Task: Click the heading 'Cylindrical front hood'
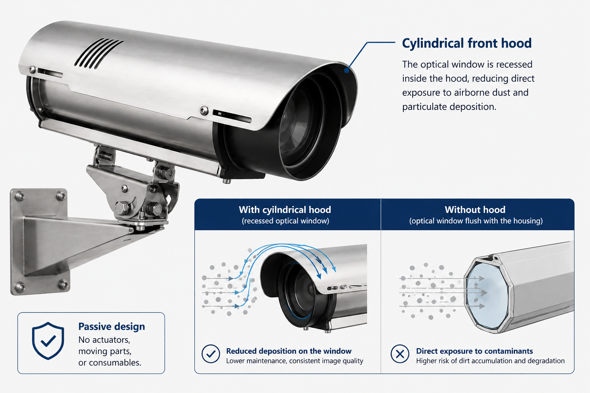467,43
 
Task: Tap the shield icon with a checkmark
48,341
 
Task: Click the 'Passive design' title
112,327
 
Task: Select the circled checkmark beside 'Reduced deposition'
211,354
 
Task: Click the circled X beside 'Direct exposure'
400,354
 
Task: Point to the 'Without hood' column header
475,210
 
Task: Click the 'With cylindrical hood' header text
285,210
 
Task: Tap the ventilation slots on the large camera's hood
98,53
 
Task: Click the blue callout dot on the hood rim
346,70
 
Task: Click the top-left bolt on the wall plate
20,196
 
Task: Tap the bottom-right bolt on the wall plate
63,284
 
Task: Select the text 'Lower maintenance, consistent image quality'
295,361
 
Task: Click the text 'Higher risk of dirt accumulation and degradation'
490,361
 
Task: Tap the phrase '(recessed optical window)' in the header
285,221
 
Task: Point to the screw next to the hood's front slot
204,110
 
